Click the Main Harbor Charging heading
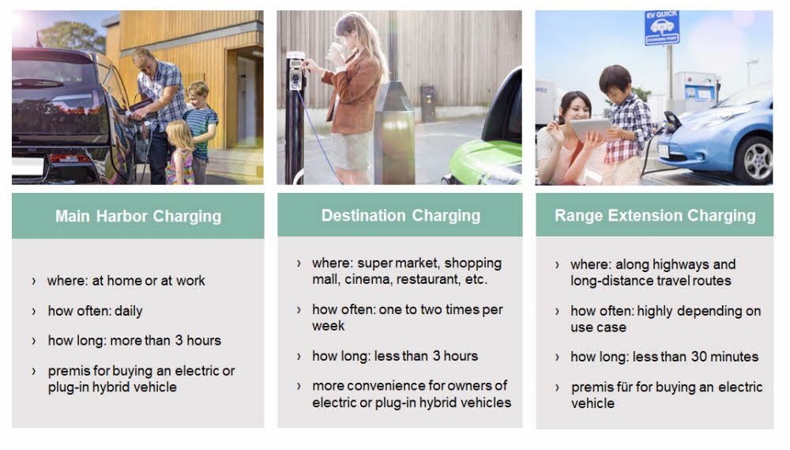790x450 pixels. point(138,216)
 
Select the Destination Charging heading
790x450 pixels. point(401,215)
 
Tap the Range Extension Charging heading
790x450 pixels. point(655,215)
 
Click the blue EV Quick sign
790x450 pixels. point(661,28)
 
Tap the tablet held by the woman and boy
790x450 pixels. point(590,130)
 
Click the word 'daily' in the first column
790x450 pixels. point(129,312)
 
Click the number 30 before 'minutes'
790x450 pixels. point(698,357)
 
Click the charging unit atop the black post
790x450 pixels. point(295,73)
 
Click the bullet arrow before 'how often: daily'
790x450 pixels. point(34,312)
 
